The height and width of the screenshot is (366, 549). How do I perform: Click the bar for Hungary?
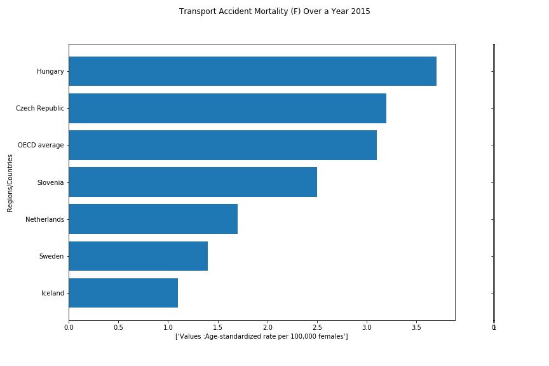[x=252, y=71]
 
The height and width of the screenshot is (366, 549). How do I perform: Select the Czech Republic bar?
[x=227, y=108]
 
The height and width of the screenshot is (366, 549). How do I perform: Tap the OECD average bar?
[x=222, y=145]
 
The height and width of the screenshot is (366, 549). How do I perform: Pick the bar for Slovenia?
[x=193, y=182]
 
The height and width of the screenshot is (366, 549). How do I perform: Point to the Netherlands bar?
[x=153, y=219]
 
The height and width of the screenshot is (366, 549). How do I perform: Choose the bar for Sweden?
[x=138, y=256]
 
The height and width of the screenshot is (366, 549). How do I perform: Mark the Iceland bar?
[x=123, y=293]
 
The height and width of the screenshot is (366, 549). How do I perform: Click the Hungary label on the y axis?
[x=50, y=72]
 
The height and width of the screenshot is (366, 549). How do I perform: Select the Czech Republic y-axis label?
[x=40, y=109]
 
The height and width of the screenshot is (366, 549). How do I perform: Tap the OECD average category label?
[x=41, y=146]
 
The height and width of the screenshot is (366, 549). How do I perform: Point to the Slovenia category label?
[x=50, y=182]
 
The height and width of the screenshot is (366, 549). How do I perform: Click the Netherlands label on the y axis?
[x=44, y=219]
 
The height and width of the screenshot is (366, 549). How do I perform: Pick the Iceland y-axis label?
[x=53, y=293]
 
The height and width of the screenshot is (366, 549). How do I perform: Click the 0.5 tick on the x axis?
[x=118, y=328]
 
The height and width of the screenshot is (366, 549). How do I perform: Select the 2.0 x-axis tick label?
[x=268, y=328]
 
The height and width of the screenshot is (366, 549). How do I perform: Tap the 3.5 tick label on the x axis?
[x=416, y=328]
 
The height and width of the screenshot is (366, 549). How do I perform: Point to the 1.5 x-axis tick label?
[x=218, y=328]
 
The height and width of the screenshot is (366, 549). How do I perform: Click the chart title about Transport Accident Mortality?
[x=274, y=11]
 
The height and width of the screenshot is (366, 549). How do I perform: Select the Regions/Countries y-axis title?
[x=10, y=182]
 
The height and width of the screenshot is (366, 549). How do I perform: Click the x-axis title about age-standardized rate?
[x=262, y=336]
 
